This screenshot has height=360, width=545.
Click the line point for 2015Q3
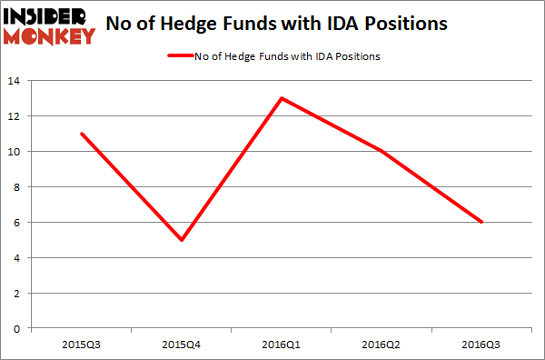82,134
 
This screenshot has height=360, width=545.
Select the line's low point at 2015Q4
183,240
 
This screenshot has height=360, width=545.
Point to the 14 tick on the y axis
15,81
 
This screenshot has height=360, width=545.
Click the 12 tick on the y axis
15,116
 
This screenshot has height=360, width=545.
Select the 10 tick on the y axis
15,152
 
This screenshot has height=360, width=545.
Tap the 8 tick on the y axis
18,187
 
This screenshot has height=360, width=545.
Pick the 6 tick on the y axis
18,223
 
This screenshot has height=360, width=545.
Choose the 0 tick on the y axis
18,329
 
